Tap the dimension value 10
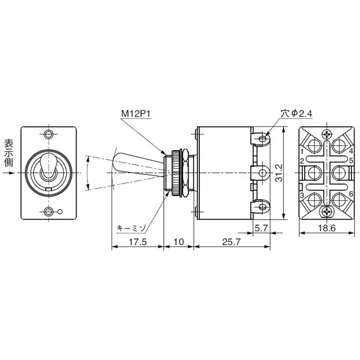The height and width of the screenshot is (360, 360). click(x=179, y=242)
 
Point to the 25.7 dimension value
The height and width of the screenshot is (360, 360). click(x=231, y=242)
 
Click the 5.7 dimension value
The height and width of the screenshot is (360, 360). click(x=261, y=228)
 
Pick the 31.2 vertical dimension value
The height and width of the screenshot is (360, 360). click(x=279, y=172)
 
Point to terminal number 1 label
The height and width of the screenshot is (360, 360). click(x=302, y=151)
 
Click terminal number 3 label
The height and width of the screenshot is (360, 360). click(x=302, y=194)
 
